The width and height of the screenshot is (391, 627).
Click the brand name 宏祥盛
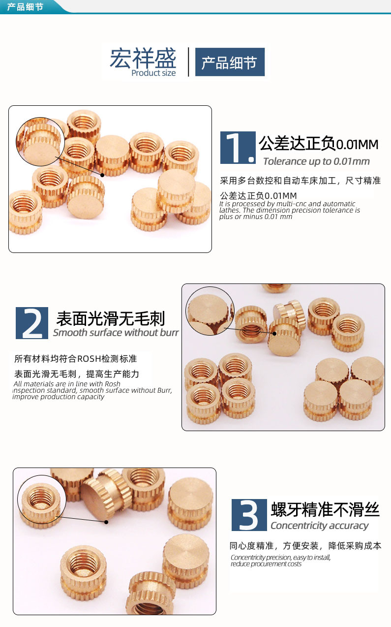coord(142,58)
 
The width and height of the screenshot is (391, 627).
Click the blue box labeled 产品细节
coord(230,63)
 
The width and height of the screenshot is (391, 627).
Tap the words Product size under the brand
coord(153,73)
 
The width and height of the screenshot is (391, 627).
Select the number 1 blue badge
coord(238,148)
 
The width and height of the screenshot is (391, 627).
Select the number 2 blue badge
coord(32,323)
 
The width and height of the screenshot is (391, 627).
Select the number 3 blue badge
coord(249,515)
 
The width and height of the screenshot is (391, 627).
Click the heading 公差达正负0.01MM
coord(319,144)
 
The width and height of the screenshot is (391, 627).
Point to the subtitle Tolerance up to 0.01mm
coord(316,161)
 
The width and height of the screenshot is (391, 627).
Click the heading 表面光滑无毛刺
coord(111,318)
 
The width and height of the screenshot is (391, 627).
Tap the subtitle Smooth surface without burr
coord(116,333)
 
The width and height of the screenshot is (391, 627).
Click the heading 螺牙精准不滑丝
coord(325,509)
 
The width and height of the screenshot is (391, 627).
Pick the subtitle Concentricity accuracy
coord(319,526)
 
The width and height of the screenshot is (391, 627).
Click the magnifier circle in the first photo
coord(40,141)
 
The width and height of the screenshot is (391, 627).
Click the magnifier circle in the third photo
coord(41,499)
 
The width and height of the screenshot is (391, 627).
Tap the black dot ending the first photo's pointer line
coord(102,175)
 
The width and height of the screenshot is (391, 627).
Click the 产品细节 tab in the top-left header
coord(26,7)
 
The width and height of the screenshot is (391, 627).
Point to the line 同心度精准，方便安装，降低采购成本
coord(305,546)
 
